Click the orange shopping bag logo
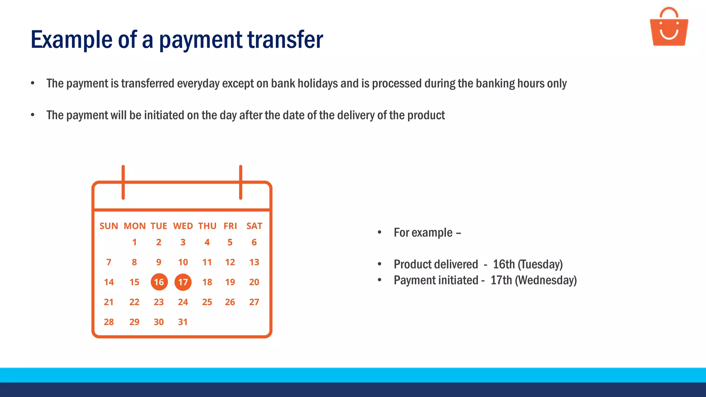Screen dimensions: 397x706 (x=669, y=28)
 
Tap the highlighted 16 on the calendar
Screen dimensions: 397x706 (x=159, y=282)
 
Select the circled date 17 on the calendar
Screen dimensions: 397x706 (x=183, y=282)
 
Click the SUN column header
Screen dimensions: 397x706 (x=109, y=226)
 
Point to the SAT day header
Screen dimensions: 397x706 (x=254, y=226)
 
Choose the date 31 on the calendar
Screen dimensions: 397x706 (x=183, y=322)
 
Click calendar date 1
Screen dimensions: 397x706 (x=134, y=242)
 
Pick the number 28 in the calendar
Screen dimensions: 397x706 (x=109, y=322)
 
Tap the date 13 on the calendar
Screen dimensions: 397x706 (x=254, y=262)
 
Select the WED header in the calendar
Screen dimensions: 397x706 (x=183, y=226)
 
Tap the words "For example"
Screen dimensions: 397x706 (x=423, y=233)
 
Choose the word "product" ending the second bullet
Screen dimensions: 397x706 (x=426, y=115)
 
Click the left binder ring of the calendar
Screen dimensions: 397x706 (x=123, y=182)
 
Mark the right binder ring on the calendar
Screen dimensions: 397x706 (x=241, y=182)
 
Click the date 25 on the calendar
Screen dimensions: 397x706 (x=207, y=302)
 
